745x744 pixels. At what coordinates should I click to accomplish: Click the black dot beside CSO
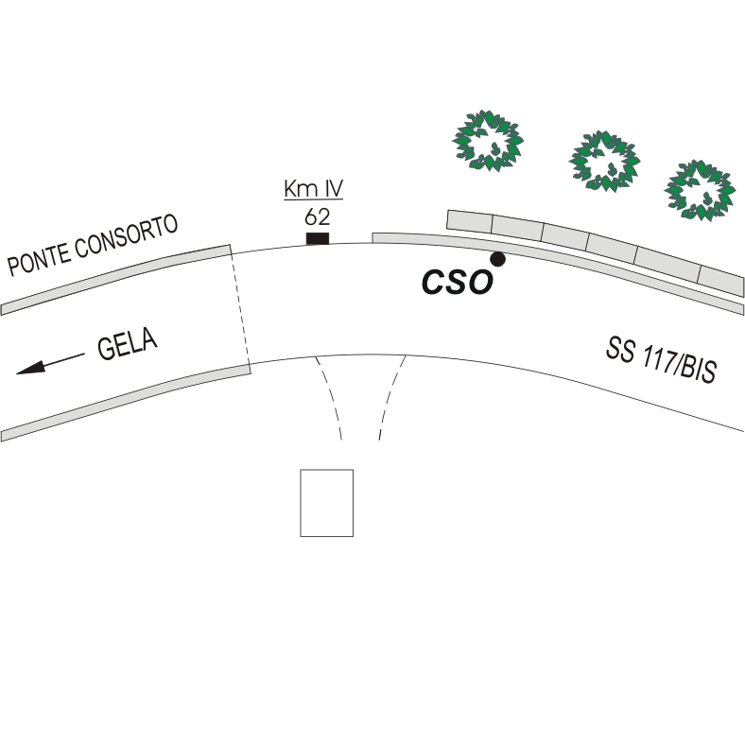coord(497,259)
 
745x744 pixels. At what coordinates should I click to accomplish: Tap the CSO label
coord(457,281)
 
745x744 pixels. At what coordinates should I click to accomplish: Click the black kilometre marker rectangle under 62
coord(318,237)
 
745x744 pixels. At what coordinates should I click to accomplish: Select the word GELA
coord(127,345)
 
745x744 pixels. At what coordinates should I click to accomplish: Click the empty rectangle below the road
coord(326,502)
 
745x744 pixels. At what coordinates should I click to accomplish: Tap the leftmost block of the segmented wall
coord(470,222)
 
